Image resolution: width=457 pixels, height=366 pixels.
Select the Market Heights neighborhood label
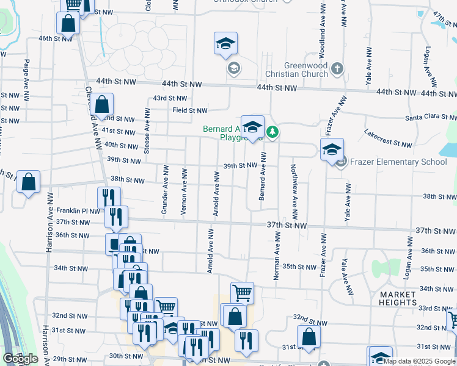coord(398,298)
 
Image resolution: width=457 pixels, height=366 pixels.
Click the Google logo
coord(20,359)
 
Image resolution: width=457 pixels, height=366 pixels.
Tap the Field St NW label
coord(189,110)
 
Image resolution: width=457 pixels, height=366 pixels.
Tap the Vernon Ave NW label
coord(183,192)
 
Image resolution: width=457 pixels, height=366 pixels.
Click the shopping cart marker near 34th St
coord(242,292)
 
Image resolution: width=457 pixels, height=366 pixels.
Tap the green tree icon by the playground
coord(274,131)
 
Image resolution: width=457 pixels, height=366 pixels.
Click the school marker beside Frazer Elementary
coord(332,149)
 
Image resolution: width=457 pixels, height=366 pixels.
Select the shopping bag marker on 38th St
coord(28,181)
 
